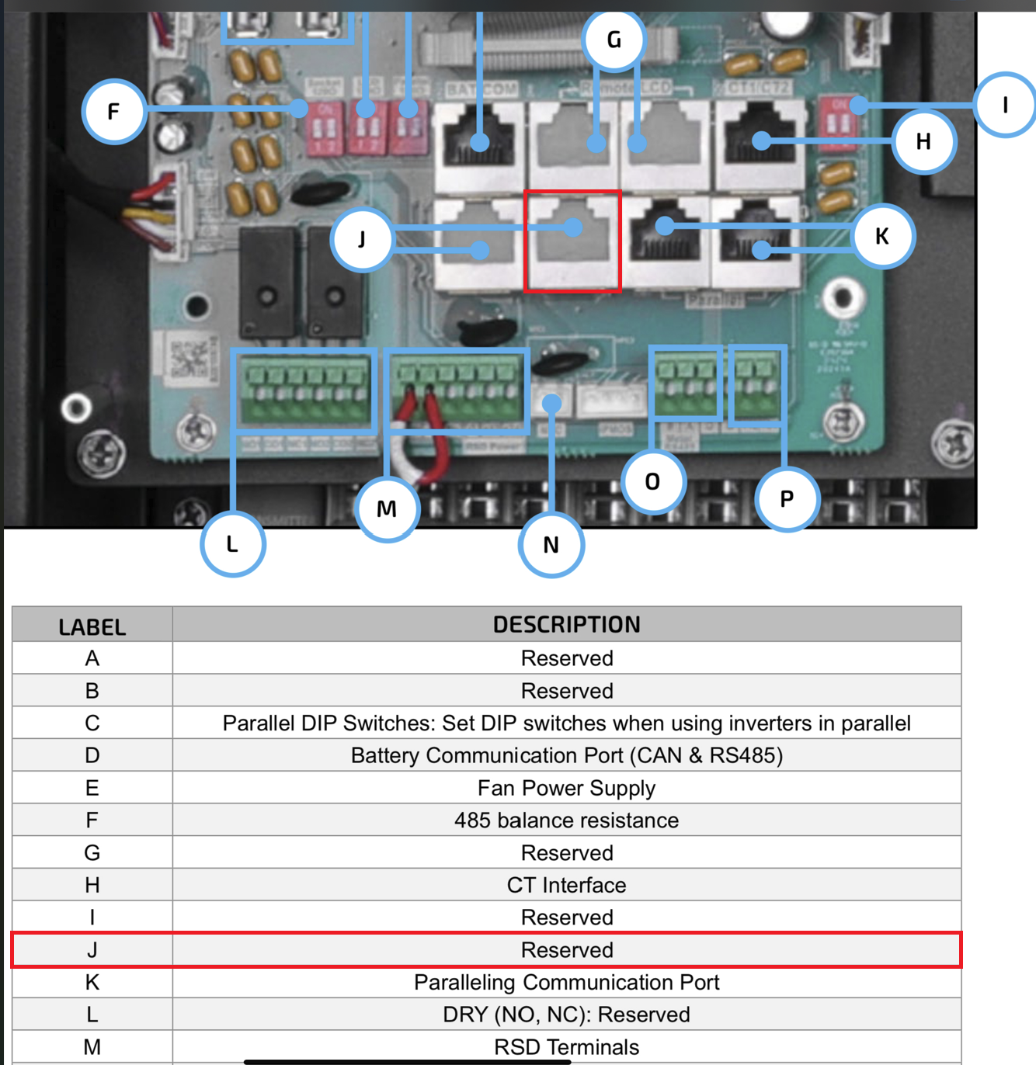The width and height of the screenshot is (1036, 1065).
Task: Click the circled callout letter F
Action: point(114,112)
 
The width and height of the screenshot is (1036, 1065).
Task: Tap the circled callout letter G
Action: point(614,40)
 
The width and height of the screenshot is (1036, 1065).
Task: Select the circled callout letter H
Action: point(923,141)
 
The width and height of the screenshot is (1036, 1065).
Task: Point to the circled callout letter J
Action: point(362,239)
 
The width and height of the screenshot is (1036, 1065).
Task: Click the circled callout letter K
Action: point(882,236)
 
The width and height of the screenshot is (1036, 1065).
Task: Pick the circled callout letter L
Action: point(232,544)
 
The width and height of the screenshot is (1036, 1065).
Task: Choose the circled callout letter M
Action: point(387,508)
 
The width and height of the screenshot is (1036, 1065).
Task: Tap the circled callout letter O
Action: point(653,481)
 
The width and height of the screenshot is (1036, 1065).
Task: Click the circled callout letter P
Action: point(787,498)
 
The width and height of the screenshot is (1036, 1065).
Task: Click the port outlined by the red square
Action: point(572,241)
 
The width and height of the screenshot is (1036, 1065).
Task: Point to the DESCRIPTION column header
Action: point(566,624)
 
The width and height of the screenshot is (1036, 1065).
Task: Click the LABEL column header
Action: point(92,626)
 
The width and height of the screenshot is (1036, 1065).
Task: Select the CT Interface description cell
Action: point(566,885)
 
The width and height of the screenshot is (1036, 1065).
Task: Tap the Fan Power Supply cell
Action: point(566,788)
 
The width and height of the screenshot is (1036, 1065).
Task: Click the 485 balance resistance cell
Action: point(566,820)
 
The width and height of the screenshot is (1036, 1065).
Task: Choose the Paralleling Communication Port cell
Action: point(566,982)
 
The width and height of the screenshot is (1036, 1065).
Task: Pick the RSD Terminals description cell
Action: point(566,1046)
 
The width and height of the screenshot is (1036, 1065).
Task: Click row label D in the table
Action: point(92,755)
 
